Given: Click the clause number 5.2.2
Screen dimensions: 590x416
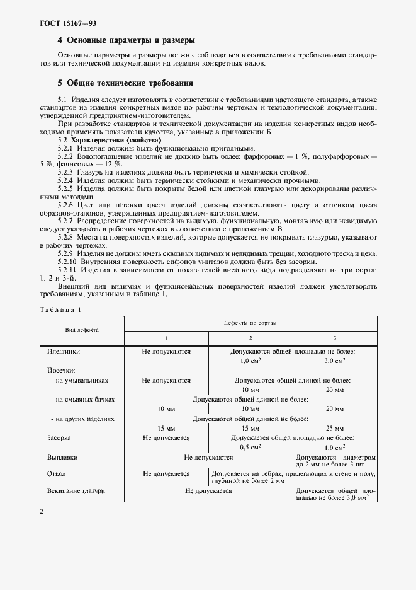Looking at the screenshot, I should (65, 156).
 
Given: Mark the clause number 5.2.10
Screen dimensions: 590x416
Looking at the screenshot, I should (67, 262).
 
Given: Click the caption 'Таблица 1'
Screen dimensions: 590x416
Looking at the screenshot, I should (60, 309).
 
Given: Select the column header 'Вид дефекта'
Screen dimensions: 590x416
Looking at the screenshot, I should (82, 330).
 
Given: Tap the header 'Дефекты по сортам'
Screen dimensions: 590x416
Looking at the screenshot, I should (250, 322).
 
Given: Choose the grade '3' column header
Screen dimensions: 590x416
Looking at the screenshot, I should (334, 338).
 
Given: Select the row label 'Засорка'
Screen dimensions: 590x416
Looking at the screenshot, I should (59, 437).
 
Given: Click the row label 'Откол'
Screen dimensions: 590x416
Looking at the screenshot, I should (57, 473).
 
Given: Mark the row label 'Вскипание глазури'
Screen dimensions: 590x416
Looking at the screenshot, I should (76, 491).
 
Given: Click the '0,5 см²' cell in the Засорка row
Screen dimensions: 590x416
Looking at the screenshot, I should (250, 446).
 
